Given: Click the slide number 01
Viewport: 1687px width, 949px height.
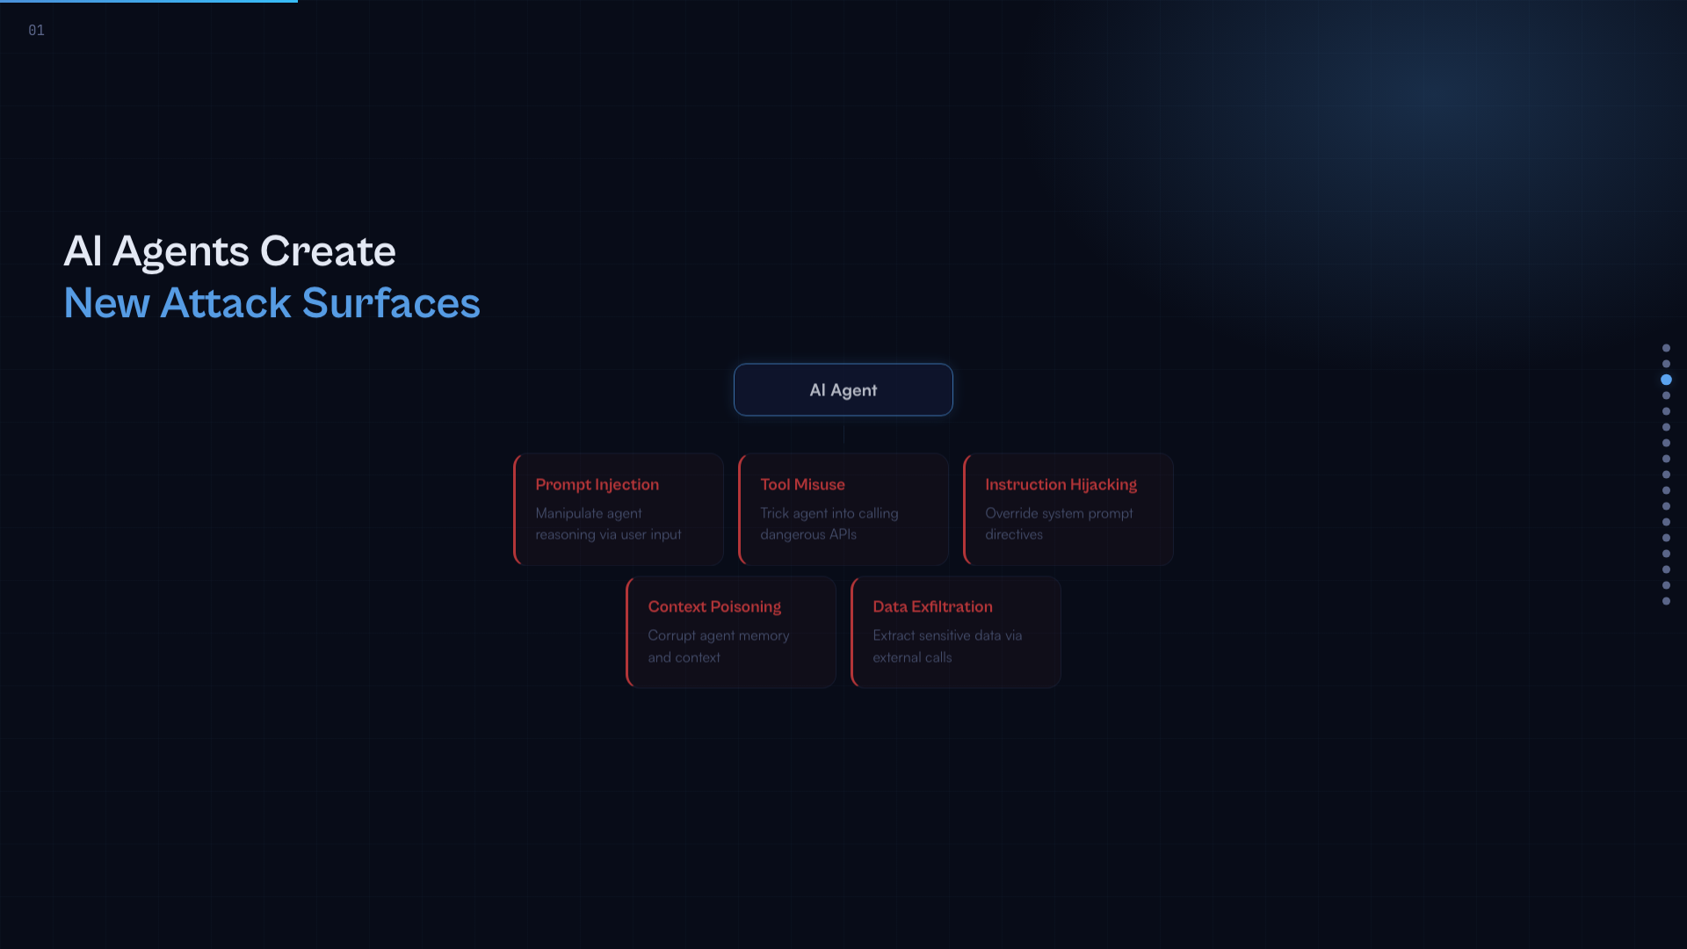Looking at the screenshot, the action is pyautogui.click(x=36, y=31).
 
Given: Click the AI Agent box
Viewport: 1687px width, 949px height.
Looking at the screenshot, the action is pyautogui.click(x=843, y=390).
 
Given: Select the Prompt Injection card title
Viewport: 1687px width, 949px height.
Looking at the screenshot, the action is pyautogui.click(x=597, y=485).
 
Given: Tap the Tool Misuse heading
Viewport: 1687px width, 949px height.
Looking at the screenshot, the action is pyautogui.click(x=802, y=485).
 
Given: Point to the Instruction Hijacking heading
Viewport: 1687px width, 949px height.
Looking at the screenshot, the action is pyautogui.click(x=1061, y=485).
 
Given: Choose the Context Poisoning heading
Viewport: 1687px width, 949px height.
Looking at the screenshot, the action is pyautogui.click(x=714, y=607).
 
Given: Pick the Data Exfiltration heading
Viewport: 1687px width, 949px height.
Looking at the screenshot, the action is pyautogui.click(x=932, y=607).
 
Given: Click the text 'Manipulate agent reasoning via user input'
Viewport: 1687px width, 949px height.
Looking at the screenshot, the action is pyautogui.click(x=608, y=524).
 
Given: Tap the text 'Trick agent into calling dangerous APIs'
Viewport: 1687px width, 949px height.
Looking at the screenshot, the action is pyautogui.click(x=829, y=524).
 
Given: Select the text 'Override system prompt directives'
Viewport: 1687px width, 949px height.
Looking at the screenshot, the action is pyautogui.click(x=1059, y=524).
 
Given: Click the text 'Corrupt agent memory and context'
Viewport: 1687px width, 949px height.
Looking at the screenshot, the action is pyautogui.click(x=719, y=646).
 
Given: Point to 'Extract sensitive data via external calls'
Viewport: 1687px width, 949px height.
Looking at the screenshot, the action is pyautogui.click(x=947, y=646).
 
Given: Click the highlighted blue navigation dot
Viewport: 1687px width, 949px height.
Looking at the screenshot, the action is pyautogui.click(x=1666, y=380).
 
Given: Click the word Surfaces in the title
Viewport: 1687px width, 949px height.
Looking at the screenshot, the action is pyautogui.click(x=391, y=303).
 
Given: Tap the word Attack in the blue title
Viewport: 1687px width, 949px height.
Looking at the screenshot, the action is pyautogui.click(x=226, y=303).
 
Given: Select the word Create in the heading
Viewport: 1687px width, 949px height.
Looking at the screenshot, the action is pyautogui.click(x=328, y=251).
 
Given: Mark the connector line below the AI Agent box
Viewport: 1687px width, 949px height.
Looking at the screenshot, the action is pyautogui.click(x=843, y=435).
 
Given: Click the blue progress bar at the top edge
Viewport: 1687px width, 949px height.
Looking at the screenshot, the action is pyautogui.click(x=148, y=1).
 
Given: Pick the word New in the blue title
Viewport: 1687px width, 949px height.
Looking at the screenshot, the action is pyautogui.click(x=106, y=303).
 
